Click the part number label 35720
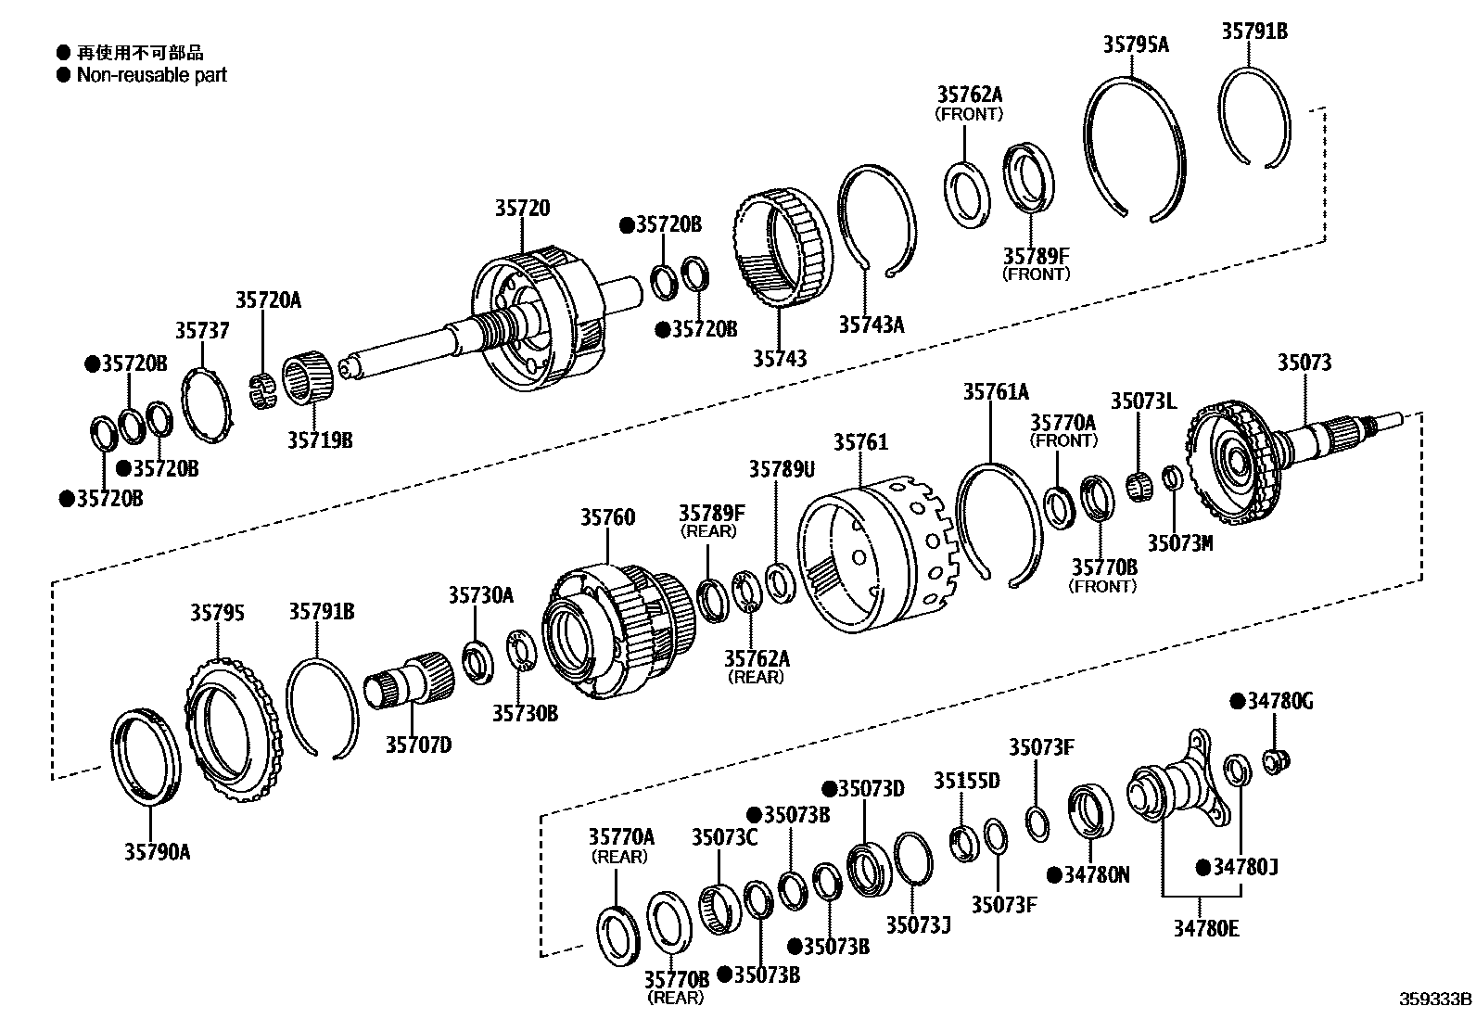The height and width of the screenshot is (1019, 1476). pyautogui.click(x=521, y=210)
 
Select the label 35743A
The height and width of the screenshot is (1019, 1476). pyautogui.click(x=871, y=324)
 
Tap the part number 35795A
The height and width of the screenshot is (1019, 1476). pyautogui.click(x=1136, y=43)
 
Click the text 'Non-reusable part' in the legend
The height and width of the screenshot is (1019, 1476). pyautogui.click(x=151, y=75)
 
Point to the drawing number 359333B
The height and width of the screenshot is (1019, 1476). pyautogui.click(x=1435, y=1000)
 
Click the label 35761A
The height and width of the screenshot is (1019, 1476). pyautogui.click(x=995, y=392)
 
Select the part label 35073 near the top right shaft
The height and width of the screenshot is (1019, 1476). pyautogui.click(x=1304, y=363)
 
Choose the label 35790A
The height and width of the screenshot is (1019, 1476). pyautogui.click(x=157, y=851)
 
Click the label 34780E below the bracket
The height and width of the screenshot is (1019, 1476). pyautogui.click(x=1205, y=926)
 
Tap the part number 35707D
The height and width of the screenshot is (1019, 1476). pyautogui.click(x=418, y=744)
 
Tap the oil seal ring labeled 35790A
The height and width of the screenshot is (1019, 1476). pyautogui.click(x=147, y=756)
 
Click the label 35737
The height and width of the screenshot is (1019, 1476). pyautogui.click(x=202, y=331)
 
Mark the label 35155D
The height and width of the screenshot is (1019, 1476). pyautogui.click(x=966, y=781)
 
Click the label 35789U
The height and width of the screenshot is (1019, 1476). pyautogui.click(x=782, y=470)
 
